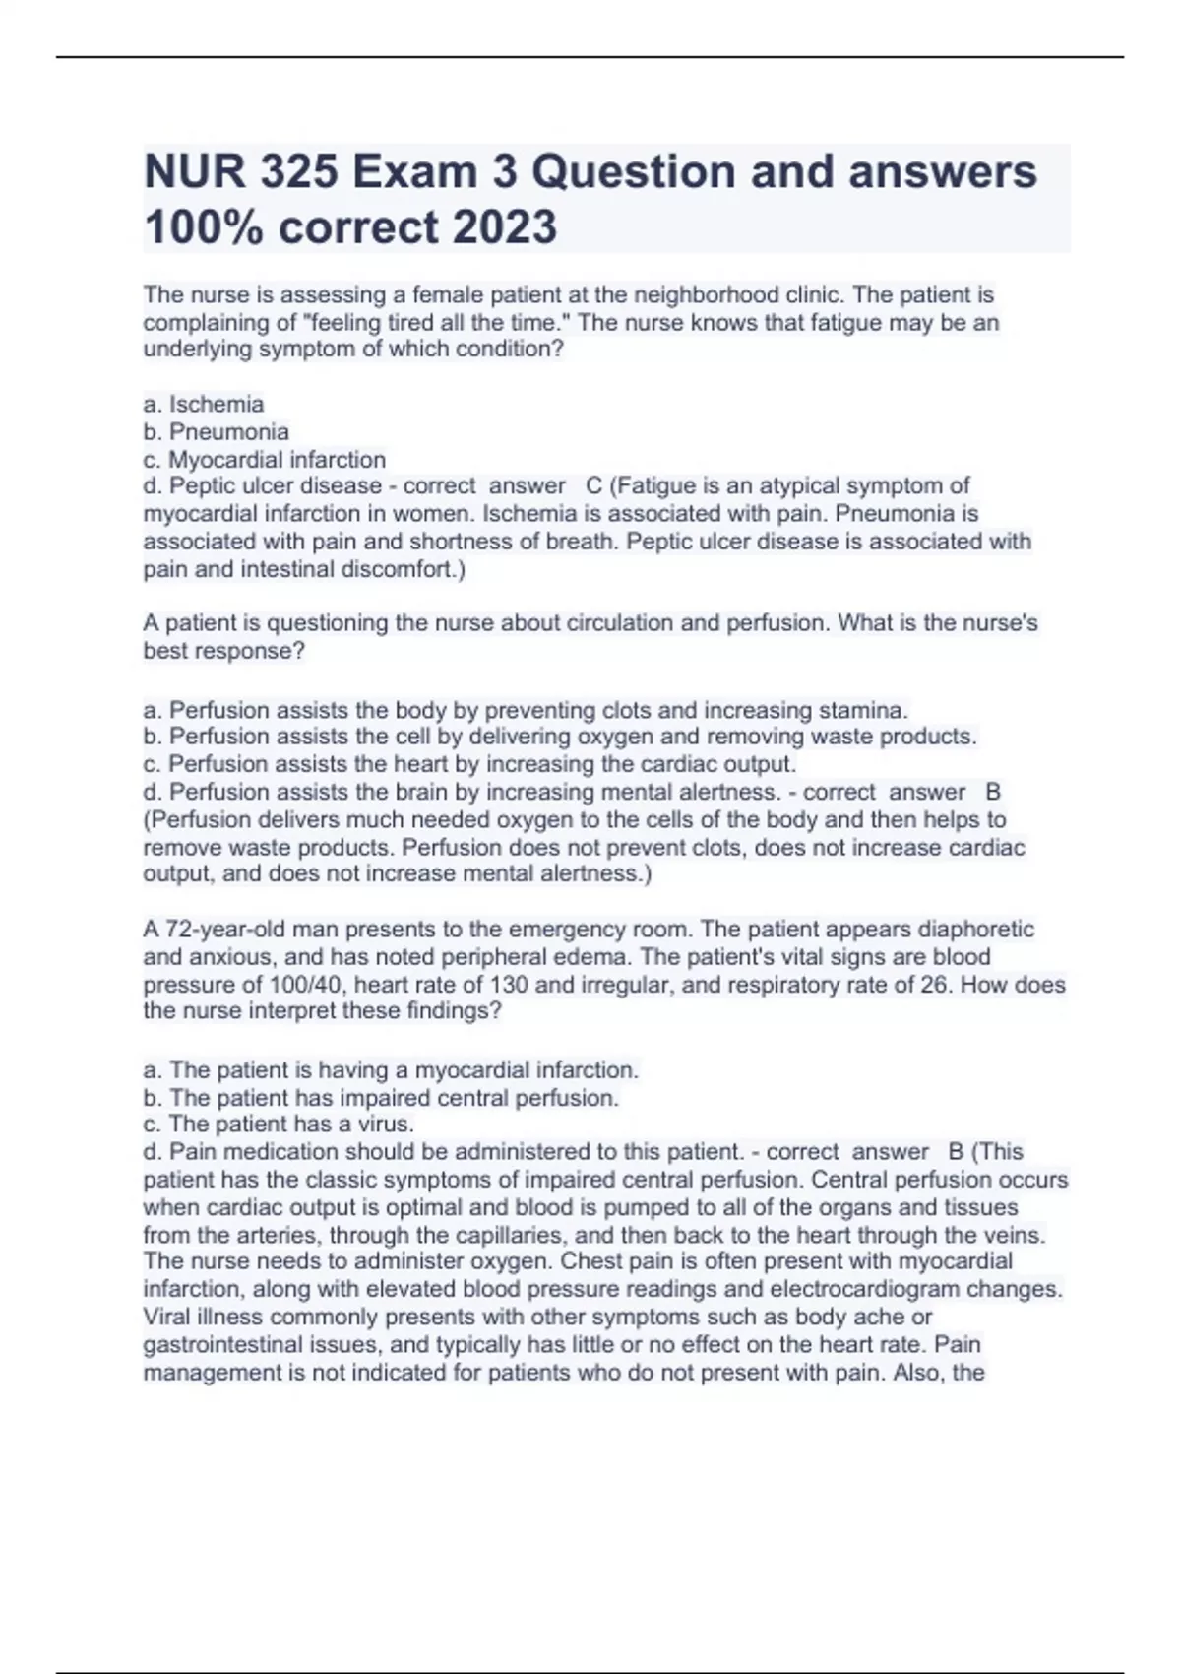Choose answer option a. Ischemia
204,404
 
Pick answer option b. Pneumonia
217,431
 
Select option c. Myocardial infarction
265,459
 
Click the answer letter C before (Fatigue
593,485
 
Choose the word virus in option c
386,1125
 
